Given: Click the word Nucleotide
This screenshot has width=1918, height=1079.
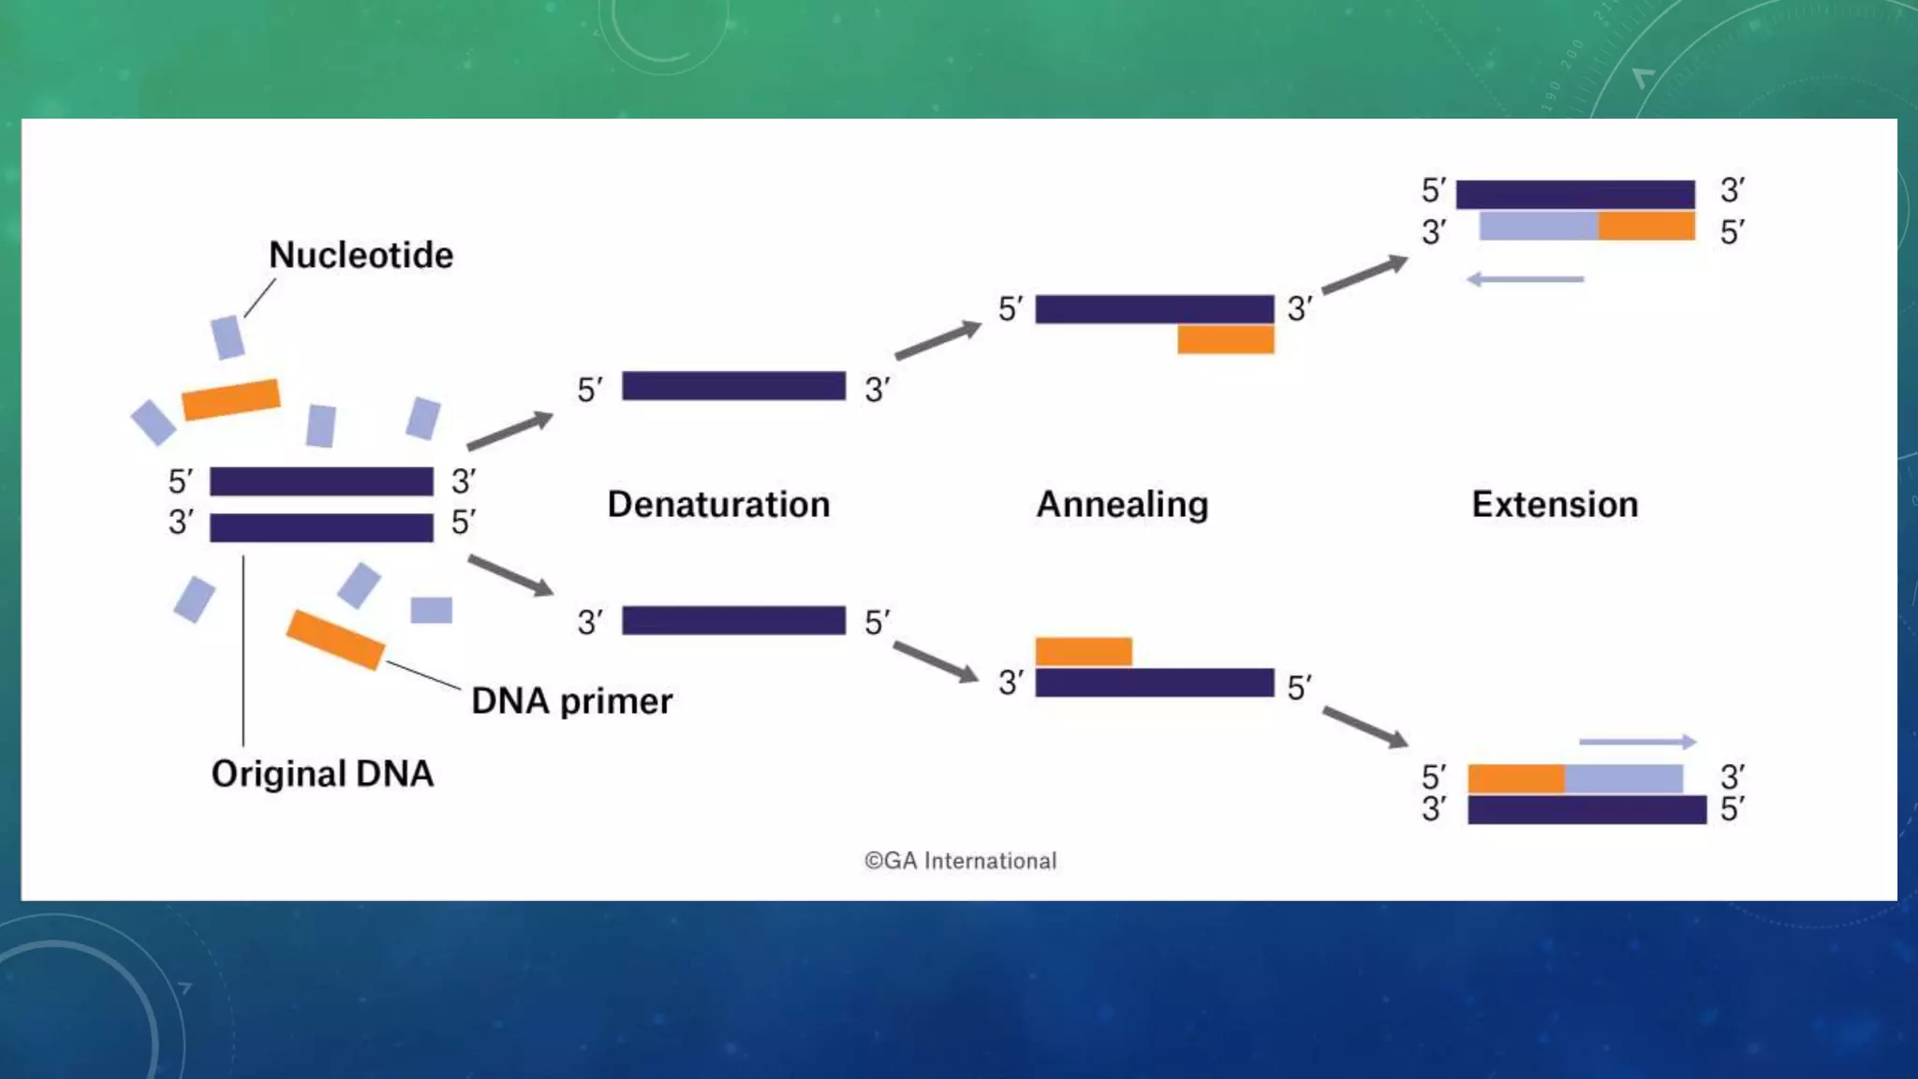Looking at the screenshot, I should [x=361, y=255].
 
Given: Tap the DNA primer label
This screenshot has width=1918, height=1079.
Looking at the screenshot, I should [x=571, y=701].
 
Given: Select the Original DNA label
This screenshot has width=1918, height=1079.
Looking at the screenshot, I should [x=322, y=774].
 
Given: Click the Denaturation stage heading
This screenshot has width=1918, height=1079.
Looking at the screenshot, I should [x=718, y=504].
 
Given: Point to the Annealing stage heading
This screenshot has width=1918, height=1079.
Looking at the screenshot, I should [x=1122, y=504].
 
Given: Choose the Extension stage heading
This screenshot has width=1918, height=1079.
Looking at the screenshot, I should [x=1555, y=504].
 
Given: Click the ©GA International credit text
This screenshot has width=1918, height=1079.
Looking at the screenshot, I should [x=960, y=861].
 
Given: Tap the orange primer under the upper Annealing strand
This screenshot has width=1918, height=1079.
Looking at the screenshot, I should [x=1225, y=339].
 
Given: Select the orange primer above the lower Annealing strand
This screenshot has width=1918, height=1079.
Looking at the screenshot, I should [x=1084, y=651].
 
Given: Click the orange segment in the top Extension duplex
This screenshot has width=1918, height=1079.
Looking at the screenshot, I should [x=1645, y=226].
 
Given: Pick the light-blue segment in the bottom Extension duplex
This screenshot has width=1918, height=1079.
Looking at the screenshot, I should [x=1623, y=778].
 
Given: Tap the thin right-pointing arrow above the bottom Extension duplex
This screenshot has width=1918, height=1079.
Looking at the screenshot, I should [x=1637, y=742].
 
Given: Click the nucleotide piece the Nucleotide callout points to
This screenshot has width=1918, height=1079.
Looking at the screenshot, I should [x=228, y=337].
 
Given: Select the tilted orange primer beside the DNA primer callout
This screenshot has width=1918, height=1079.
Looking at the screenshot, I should [x=334, y=639].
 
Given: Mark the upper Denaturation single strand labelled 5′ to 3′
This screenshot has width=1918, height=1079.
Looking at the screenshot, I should [x=733, y=386].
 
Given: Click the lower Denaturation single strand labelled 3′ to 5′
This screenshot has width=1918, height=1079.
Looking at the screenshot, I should [x=733, y=620].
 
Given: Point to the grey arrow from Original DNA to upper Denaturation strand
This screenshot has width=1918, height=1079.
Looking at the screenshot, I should [x=510, y=430].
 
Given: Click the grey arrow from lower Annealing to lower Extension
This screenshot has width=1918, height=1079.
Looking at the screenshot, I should [x=1365, y=727].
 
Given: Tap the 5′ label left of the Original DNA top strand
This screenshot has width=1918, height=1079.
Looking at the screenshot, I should [x=181, y=481].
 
